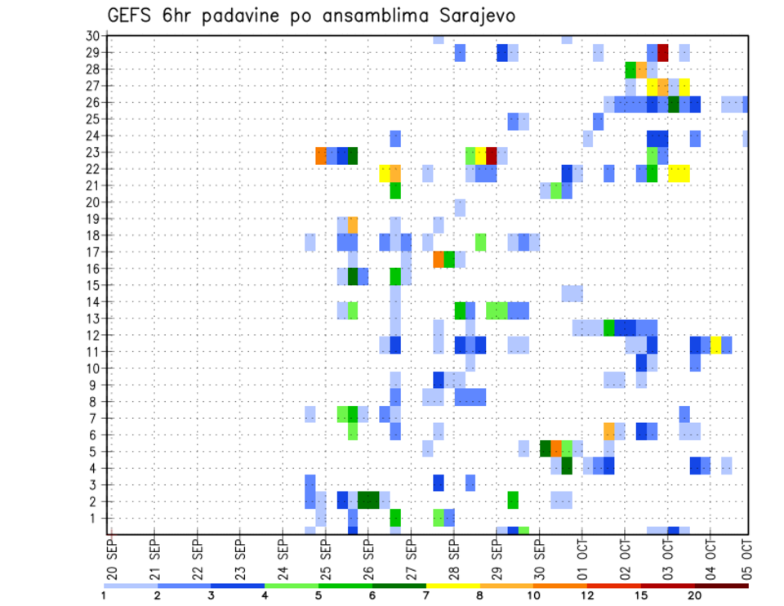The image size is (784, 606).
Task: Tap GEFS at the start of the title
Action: [x=130, y=16]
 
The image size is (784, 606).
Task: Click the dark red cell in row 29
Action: [x=663, y=53]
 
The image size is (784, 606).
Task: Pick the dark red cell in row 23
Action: [x=492, y=155]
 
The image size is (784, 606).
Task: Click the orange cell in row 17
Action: [x=439, y=259]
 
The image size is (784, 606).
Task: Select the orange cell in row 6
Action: [x=609, y=430]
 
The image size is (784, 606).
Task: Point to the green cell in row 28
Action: [x=630, y=69]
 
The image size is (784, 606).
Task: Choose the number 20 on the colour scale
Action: [x=694, y=595]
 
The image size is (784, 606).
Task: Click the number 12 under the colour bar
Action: [x=587, y=595]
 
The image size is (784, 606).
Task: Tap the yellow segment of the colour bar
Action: [x=452, y=586]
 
